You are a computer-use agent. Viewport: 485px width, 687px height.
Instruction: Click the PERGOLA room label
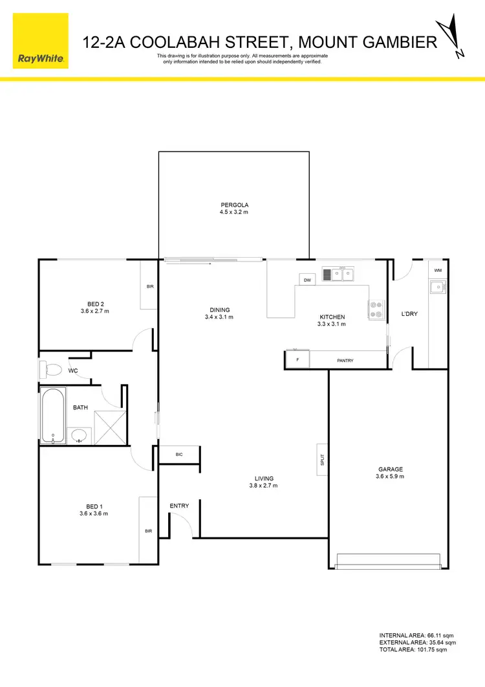[x=234, y=205]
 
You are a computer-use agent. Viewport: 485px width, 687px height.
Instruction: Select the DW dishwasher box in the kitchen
[x=307, y=280]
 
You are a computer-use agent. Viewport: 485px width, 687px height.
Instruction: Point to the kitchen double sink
[x=339, y=275]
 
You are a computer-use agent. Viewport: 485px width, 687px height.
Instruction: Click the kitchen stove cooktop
[x=376, y=310]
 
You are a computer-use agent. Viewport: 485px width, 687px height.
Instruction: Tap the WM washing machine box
[x=438, y=270]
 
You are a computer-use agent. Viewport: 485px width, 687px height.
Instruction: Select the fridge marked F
[x=297, y=359]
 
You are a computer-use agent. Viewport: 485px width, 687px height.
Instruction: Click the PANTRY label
[x=345, y=360]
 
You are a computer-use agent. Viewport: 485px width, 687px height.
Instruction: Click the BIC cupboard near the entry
[x=179, y=455]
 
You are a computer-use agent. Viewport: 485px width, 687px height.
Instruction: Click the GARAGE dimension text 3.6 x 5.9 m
[x=391, y=477]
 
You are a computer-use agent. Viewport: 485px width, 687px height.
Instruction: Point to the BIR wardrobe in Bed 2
[x=150, y=286]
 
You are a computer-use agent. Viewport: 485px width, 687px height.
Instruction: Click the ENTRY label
[x=179, y=506]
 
